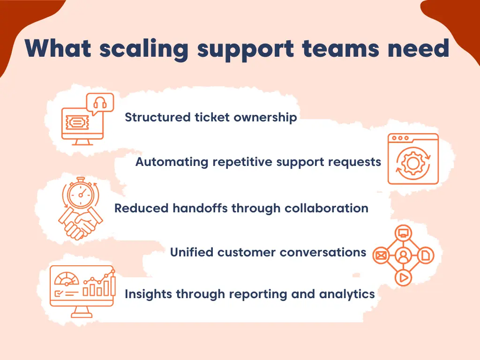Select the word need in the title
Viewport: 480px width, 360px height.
(x=420, y=49)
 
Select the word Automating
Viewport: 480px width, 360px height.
(x=172, y=162)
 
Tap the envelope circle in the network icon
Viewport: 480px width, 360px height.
(x=381, y=255)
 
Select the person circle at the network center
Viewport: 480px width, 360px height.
(x=403, y=255)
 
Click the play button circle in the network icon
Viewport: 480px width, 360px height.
(x=403, y=277)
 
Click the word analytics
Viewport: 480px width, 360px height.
(x=347, y=294)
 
